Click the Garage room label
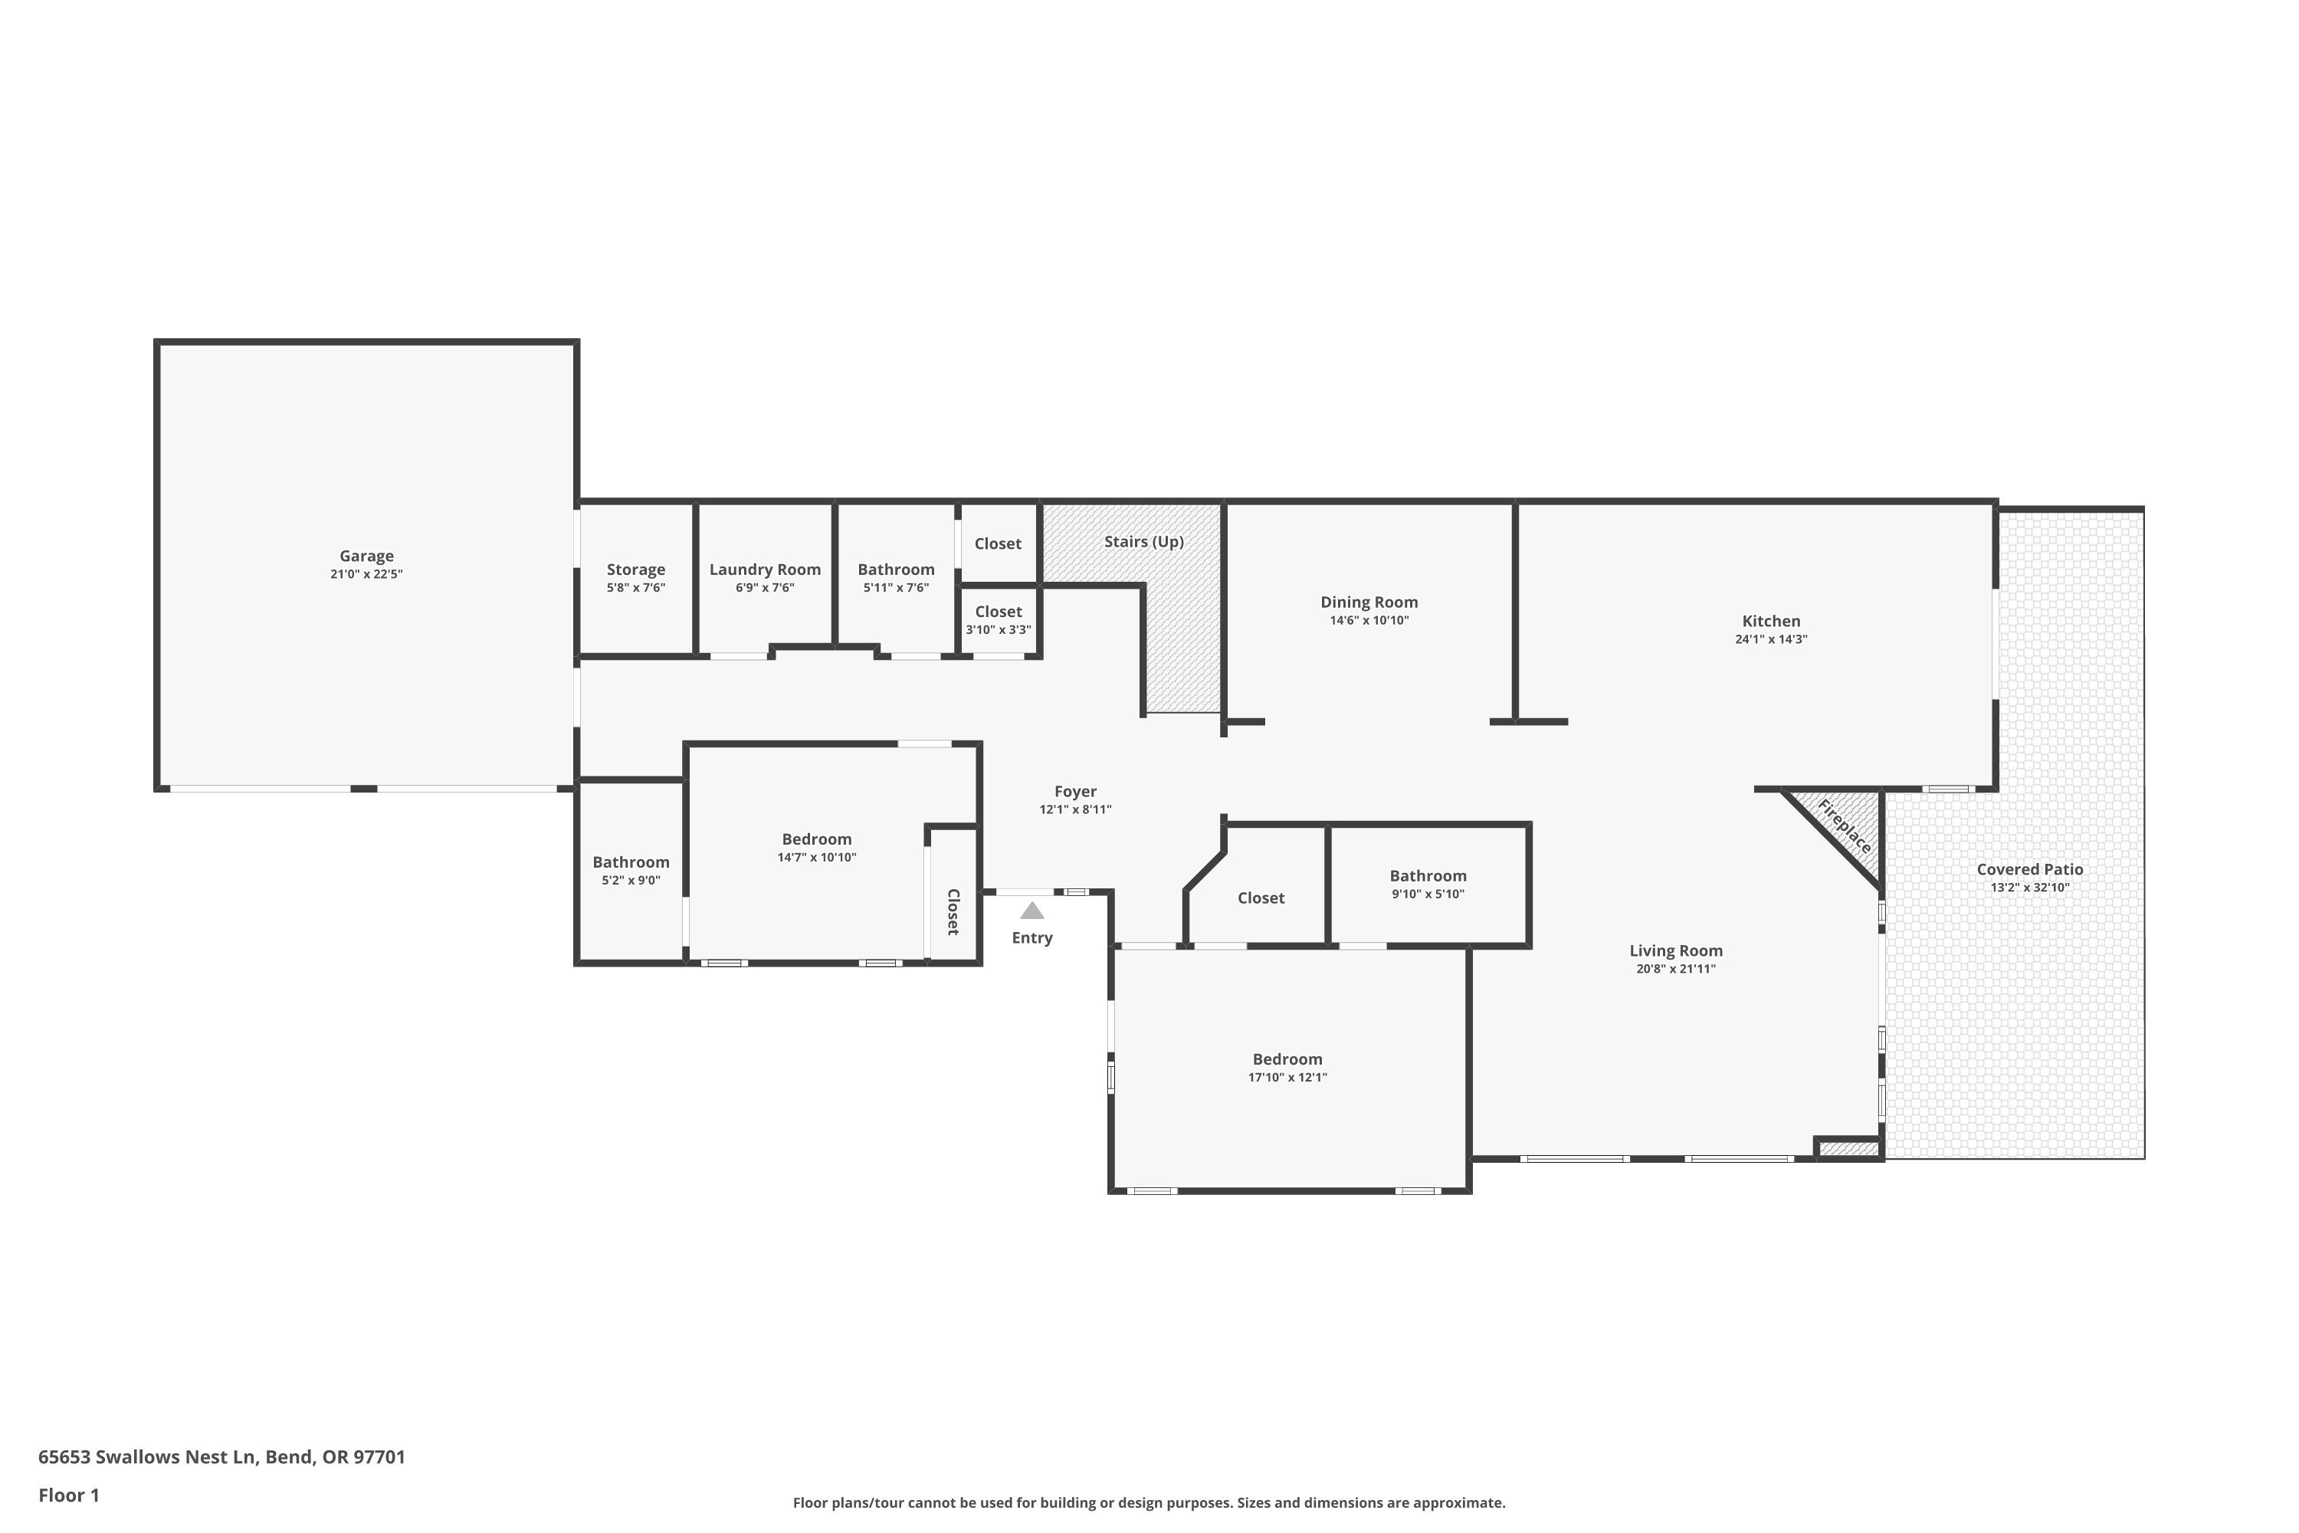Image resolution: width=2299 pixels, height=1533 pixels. [366, 556]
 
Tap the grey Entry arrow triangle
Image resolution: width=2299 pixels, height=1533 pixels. [1032, 911]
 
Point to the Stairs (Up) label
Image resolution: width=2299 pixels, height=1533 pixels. [1143, 542]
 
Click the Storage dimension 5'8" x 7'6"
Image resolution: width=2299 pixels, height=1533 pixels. [636, 588]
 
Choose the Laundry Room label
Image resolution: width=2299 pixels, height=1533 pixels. [766, 569]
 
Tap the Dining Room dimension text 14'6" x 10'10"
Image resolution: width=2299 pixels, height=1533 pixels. [1369, 620]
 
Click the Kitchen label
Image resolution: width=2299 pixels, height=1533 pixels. [1771, 621]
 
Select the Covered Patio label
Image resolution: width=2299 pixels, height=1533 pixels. [2030, 869]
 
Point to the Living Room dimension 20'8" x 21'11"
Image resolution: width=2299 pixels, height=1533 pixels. [1677, 969]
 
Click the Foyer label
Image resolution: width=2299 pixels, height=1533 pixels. [1075, 792]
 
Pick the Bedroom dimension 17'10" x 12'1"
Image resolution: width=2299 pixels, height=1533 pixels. [1287, 1078]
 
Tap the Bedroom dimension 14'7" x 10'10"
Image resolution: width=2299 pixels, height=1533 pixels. [817, 858]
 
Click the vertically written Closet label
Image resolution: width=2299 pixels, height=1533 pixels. [953, 911]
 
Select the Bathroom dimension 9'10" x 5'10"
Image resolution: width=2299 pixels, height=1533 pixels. [1428, 894]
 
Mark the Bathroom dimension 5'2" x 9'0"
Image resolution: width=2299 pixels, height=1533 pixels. [631, 880]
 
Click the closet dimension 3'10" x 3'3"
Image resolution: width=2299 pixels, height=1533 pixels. [998, 629]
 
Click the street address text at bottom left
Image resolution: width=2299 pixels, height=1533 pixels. [222, 1457]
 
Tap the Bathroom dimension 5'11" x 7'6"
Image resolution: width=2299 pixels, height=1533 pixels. [897, 588]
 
